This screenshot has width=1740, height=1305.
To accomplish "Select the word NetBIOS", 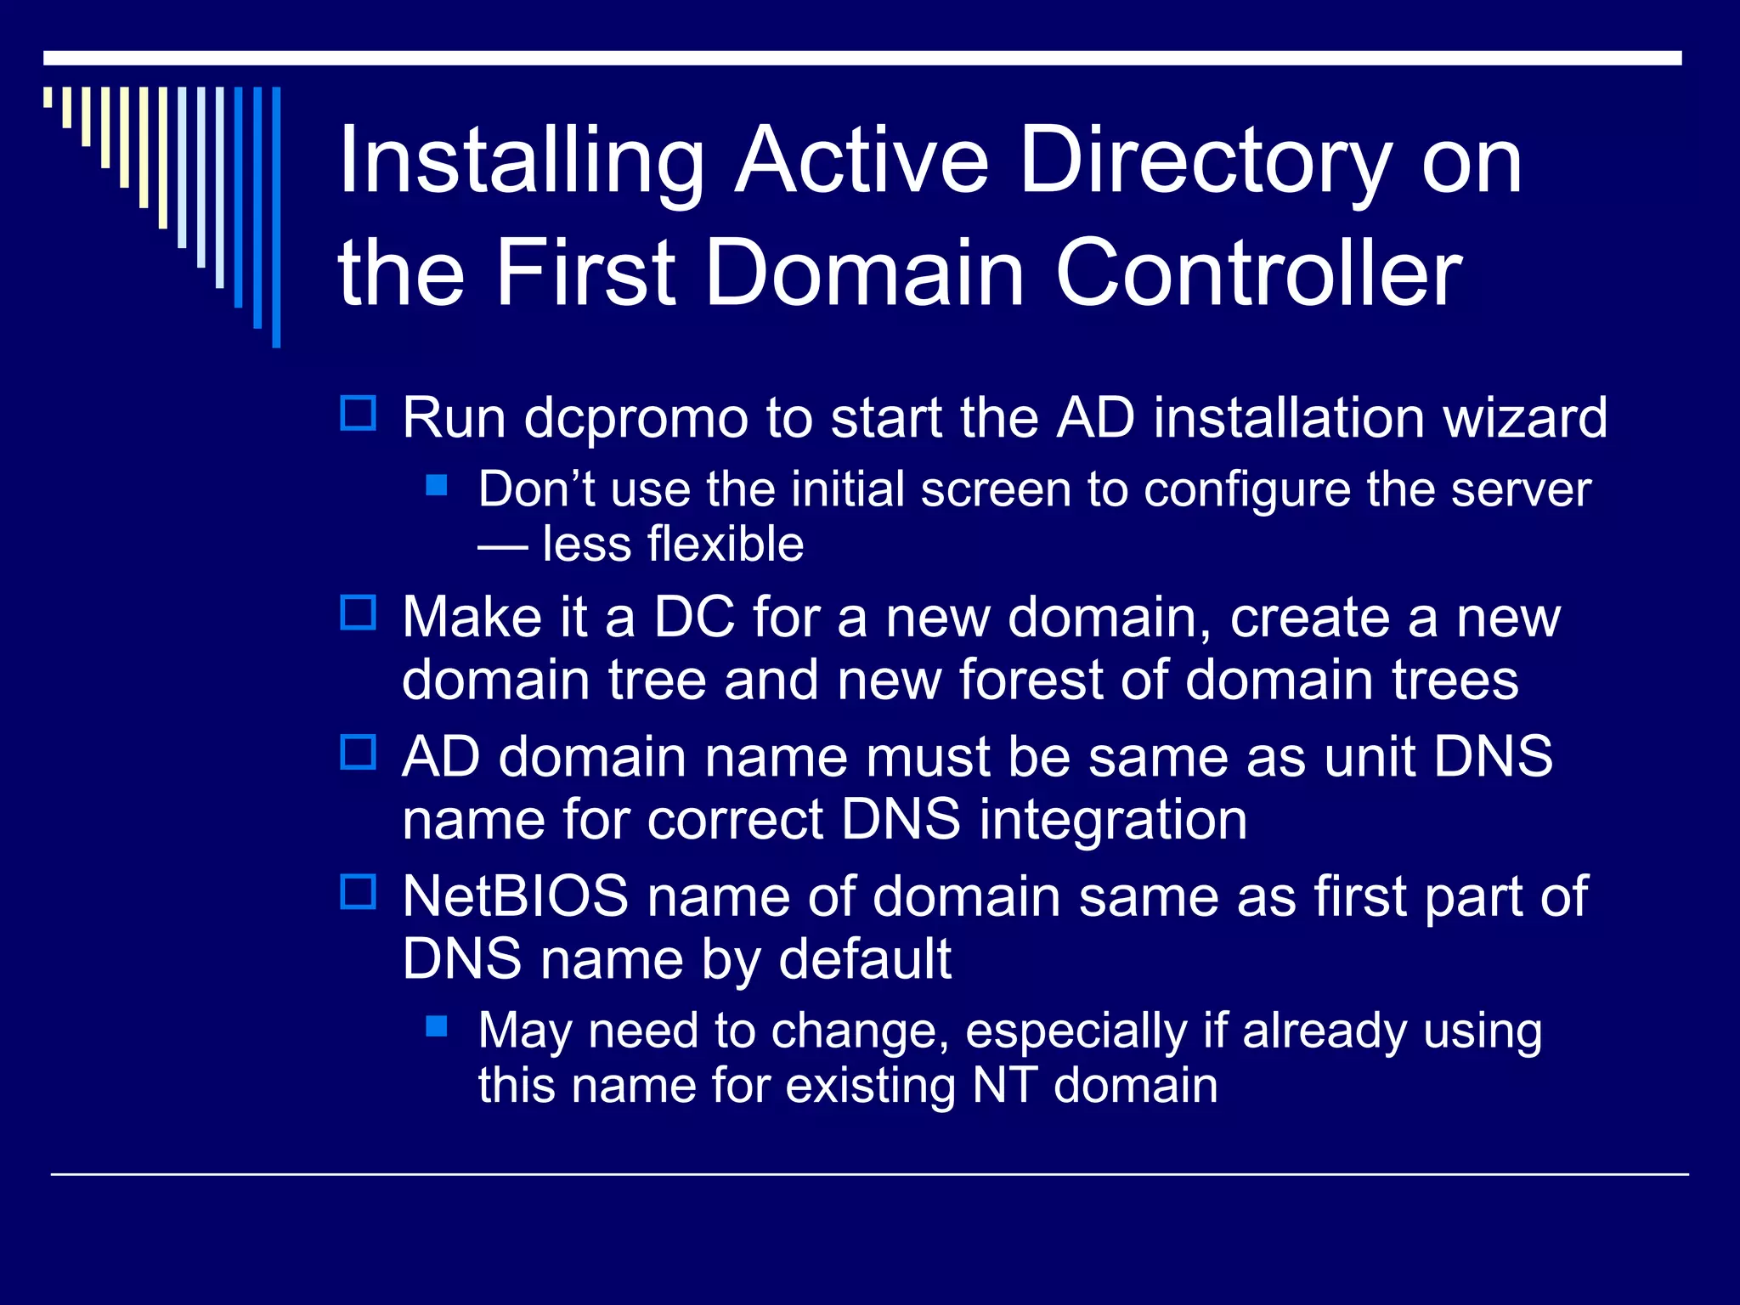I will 515,896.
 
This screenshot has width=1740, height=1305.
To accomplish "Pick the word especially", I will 1076,1031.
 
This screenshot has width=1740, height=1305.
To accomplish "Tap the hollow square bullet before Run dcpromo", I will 358,414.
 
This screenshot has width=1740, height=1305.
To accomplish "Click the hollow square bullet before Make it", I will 358,613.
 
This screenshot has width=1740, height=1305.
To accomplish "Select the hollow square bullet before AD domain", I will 358,752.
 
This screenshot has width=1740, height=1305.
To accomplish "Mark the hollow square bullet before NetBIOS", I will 358,892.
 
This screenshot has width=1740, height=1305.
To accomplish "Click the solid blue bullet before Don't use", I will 437,485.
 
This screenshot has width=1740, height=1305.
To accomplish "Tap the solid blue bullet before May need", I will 437,1026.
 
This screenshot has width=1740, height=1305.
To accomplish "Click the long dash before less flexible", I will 502,546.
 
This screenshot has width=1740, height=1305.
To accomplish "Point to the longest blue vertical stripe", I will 276,217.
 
